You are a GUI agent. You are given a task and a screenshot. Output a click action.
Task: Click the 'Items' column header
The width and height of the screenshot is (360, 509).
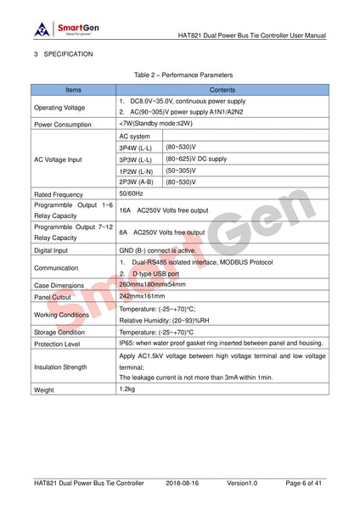click(x=74, y=88)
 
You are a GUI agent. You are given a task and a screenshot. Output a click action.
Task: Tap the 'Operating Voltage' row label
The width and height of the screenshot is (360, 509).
click(x=59, y=107)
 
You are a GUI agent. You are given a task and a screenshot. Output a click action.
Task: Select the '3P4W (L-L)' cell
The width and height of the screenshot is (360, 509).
click(x=137, y=148)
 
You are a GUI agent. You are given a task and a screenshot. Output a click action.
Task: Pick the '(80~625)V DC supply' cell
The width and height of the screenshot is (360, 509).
click(x=197, y=159)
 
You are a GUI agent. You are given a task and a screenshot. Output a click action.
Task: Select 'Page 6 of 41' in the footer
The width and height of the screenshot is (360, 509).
click(x=302, y=483)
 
